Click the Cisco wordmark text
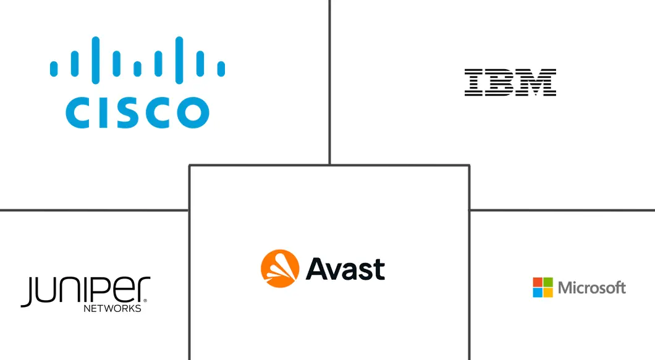pyautogui.click(x=137, y=112)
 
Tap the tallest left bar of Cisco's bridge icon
pyautogui.click(x=95, y=57)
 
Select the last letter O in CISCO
pyautogui.click(x=192, y=112)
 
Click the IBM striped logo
pyautogui.click(x=510, y=83)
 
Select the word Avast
pyautogui.click(x=345, y=269)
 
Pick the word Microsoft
pyautogui.click(x=591, y=288)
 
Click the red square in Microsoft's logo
pyautogui.click(x=538, y=282)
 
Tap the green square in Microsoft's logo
pyautogui.click(x=547, y=282)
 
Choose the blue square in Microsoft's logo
pyautogui.click(x=538, y=292)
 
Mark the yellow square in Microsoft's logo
pyautogui.click(x=547, y=292)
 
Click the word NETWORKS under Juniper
pyautogui.click(x=112, y=308)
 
